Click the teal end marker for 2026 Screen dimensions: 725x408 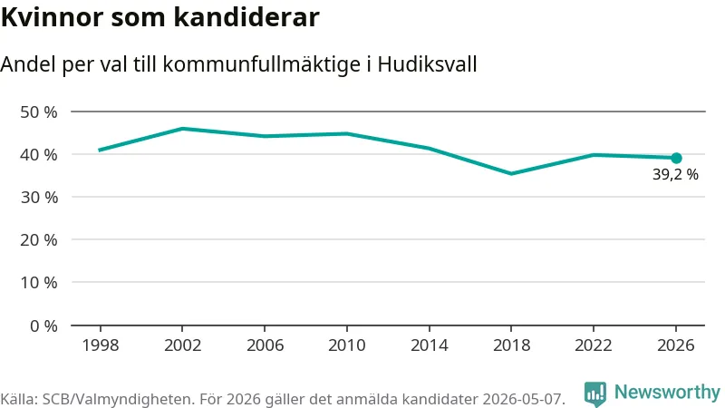point(676,158)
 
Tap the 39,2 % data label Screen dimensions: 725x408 point(675,174)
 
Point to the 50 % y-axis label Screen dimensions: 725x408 point(39,112)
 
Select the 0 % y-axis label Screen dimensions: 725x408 point(43,326)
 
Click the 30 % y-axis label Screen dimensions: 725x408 point(39,198)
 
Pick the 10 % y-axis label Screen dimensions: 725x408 point(39,283)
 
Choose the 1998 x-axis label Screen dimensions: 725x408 point(101,345)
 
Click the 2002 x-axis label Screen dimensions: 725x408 point(183,345)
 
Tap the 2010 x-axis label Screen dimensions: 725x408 point(347,345)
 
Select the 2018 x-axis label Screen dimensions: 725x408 point(511,345)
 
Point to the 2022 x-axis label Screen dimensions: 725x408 point(594,345)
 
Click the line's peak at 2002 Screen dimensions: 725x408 point(183,129)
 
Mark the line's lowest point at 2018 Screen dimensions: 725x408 point(511,173)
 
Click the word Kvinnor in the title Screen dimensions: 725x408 point(52,17)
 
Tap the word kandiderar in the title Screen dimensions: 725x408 point(246,17)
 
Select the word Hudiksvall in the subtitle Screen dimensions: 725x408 point(427,64)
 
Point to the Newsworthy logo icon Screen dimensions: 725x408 point(595,393)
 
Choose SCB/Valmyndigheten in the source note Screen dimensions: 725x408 point(119,399)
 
